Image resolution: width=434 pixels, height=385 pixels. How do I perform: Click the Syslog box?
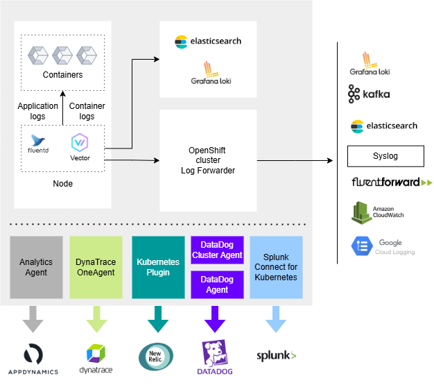pos(385,155)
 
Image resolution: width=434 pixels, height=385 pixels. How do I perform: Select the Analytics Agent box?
pos(37,267)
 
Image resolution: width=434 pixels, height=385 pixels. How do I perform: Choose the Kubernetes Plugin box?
pos(158,267)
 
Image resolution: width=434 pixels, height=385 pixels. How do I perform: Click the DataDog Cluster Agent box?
pos(217,250)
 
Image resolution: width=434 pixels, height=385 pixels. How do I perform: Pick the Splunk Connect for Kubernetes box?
pos(276,267)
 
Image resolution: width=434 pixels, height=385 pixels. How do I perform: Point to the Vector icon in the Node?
pos(80,143)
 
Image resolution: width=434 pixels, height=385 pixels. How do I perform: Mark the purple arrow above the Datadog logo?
pos(216,320)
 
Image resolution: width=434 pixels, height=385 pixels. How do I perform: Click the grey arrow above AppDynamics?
pos(33,320)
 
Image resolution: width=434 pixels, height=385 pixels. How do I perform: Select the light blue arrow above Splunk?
pos(276,320)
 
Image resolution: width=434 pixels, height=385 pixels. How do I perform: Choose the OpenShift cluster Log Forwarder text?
pos(207,160)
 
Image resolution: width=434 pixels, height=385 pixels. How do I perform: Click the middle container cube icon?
pos(62,54)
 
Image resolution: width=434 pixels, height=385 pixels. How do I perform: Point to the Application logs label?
pos(37,111)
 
